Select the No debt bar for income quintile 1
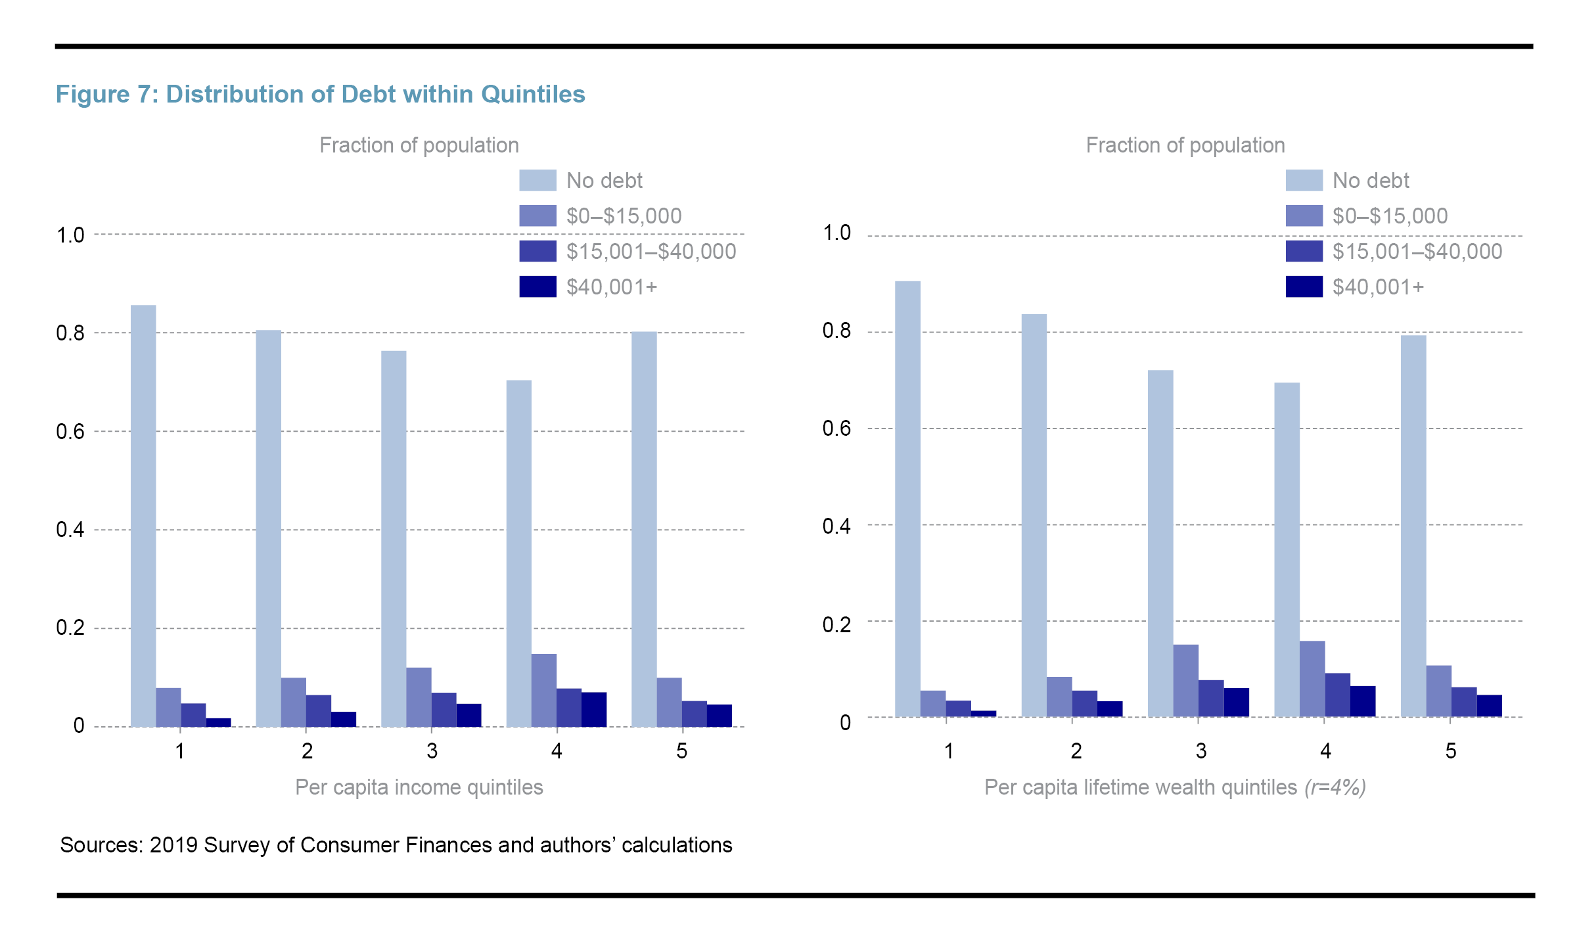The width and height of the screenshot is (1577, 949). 143,516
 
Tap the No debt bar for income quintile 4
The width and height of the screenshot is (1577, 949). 518,553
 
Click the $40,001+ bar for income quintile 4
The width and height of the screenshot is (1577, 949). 594,710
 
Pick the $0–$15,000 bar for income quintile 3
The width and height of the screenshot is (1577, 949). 419,697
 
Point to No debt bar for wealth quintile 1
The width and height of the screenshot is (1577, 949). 907,499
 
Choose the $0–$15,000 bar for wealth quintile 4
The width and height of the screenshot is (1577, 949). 1312,679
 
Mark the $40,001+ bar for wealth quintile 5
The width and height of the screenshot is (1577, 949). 1489,706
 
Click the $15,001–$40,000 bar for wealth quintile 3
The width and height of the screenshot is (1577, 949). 1211,699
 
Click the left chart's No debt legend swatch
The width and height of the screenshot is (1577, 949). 537,181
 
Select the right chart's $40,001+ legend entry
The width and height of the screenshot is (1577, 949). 1377,287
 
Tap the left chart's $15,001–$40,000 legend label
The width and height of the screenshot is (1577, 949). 651,252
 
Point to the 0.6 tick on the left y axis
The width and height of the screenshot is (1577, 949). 70,432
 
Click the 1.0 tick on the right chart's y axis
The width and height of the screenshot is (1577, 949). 836,233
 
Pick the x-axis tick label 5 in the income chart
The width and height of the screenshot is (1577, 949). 681,751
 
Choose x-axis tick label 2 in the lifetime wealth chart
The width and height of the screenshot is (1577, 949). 1076,751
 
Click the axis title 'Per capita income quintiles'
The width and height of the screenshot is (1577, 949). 419,787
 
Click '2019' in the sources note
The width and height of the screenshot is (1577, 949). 173,845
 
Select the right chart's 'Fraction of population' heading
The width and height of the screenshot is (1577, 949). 1185,145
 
